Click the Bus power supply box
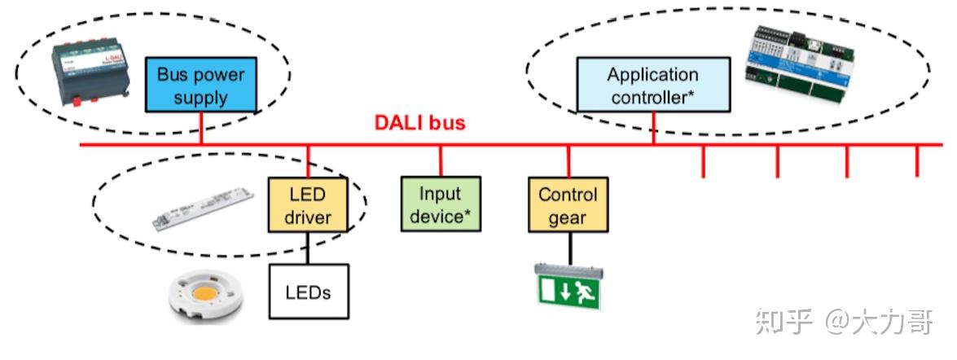click(x=200, y=86)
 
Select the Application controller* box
click(x=652, y=86)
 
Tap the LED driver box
click(x=308, y=205)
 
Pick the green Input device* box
click(x=441, y=204)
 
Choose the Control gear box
click(x=568, y=205)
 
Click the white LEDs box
click(x=308, y=291)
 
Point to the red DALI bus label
click(x=419, y=123)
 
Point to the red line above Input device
click(x=441, y=160)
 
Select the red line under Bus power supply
click(x=200, y=129)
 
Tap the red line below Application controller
click(x=653, y=129)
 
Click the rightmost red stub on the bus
click(x=917, y=161)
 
